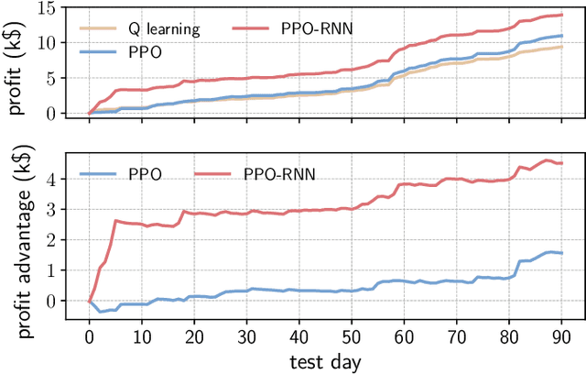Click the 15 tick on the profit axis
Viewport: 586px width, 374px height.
60,7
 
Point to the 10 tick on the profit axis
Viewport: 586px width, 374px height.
60,43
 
